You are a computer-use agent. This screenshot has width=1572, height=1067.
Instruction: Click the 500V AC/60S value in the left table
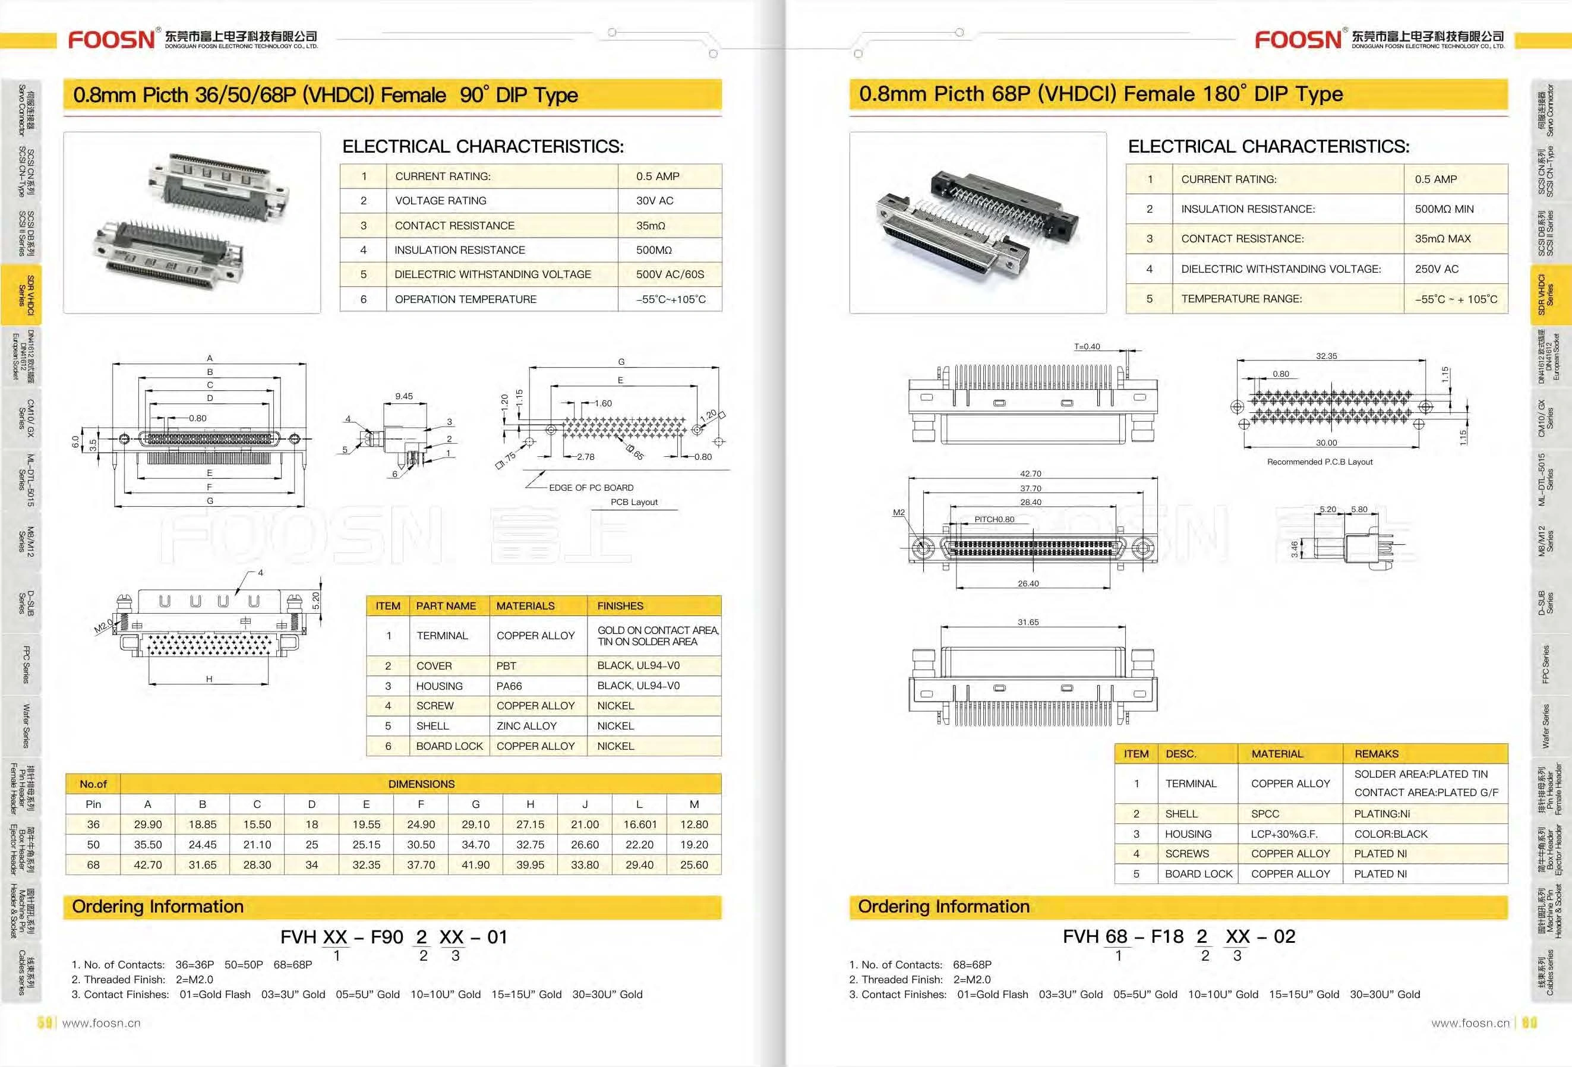coord(670,274)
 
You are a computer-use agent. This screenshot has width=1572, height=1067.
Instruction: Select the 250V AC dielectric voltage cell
coord(1436,269)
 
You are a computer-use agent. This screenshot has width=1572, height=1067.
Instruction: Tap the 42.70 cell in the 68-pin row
coord(147,864)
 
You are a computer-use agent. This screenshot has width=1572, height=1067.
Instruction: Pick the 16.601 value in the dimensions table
coord(639,825)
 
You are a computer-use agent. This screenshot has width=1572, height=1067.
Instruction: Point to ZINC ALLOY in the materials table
coord(526,726)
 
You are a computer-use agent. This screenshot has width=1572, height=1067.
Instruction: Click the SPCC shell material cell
coord(1265,814)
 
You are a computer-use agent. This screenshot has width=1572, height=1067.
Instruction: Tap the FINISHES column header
coord(620,606)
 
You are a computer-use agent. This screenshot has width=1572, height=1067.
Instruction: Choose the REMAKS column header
coord(1376,754)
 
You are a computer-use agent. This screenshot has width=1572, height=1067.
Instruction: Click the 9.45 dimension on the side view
coord(404,396)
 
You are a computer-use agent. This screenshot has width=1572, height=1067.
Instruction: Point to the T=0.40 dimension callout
coord(1087,347)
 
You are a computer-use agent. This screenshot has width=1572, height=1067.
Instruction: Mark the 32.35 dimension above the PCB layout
coord(1326,356)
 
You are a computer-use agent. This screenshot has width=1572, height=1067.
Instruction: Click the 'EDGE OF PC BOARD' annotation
coord(591,488)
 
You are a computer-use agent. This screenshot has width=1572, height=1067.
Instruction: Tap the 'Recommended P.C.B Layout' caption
coord(1319,462)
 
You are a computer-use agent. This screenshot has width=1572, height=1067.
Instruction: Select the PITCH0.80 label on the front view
coord(994,520)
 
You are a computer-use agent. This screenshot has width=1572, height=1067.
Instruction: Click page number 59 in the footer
coord(45,1023)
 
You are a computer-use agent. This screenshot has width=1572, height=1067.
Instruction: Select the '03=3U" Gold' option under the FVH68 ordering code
coord(1070,995)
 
